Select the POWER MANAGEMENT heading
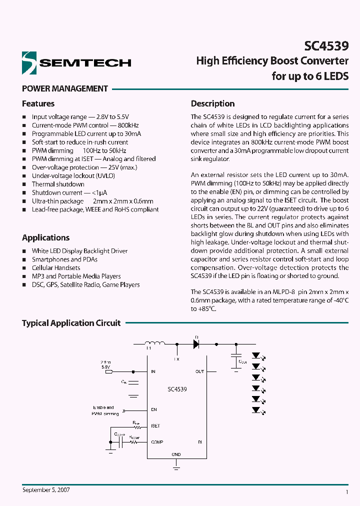point(64,88)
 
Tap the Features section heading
point(38,103)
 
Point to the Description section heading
point(212,103)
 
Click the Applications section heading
point(45,237)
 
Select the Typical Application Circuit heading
point(71,323)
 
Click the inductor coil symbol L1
point(154,344)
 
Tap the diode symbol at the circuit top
point(196,344)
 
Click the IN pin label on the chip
point(153,371)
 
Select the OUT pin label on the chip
point(199,371)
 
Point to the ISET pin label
point(155,426)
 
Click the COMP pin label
point(157,442)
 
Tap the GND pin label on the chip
point(176,454)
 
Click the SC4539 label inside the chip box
point(177,389)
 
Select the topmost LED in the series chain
point(256,356)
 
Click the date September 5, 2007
point(46,490)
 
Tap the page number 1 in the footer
point(346,492)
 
